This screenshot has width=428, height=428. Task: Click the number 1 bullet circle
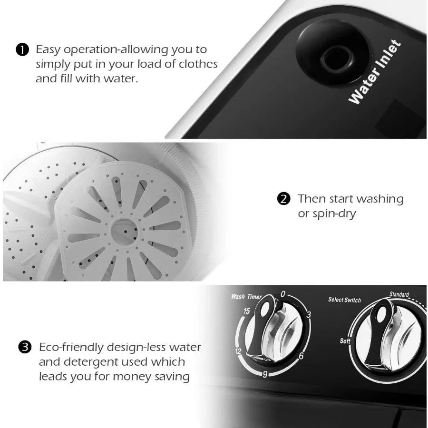[21, 49]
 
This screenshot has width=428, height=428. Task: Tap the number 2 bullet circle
[284, 199]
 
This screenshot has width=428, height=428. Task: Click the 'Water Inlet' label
[375, 72]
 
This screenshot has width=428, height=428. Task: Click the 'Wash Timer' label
[246, 297]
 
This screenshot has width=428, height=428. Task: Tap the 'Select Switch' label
[344, 300]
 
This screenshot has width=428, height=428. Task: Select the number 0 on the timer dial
[283, 294]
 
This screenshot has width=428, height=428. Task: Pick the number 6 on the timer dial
[302, 355]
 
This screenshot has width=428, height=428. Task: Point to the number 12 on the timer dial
[238, 352]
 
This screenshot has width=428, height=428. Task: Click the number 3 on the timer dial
[308, 315]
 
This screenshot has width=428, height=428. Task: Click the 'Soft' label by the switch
[345, 341]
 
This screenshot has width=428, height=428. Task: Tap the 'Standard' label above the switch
[399, 294]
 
